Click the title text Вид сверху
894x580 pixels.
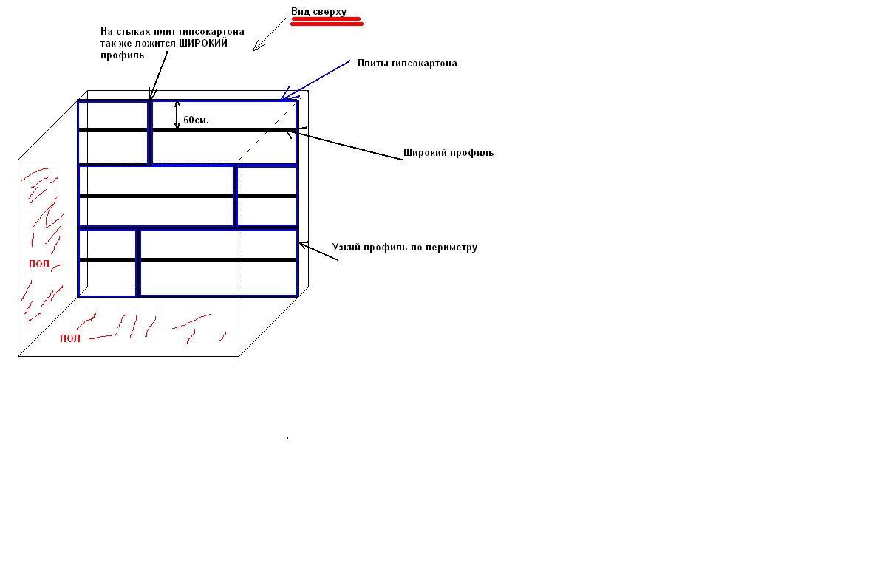tap(318, 12)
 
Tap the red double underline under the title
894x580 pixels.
tap(327, 21)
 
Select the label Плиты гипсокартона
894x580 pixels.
tap(407, 63)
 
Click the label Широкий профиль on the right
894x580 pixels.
tap(448, 152)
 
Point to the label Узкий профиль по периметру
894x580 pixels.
tap(404, 247)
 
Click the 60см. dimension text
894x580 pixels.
tap(196, 120)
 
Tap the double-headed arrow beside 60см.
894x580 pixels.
tap(177, 115)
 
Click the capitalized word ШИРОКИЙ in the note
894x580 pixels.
tap(202, 43)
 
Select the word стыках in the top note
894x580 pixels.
tap(134, 32)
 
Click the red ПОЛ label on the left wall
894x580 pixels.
tap(39, 264)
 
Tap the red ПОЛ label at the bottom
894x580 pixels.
tap(70, 338)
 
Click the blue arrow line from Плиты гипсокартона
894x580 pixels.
tap(315, 80)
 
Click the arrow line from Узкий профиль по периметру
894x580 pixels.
tap(318, 251)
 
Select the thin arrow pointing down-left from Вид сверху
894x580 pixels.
tap(270, 34)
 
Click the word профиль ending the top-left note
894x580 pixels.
tap(122, 55)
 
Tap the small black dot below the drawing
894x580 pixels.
tap(287, 438)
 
